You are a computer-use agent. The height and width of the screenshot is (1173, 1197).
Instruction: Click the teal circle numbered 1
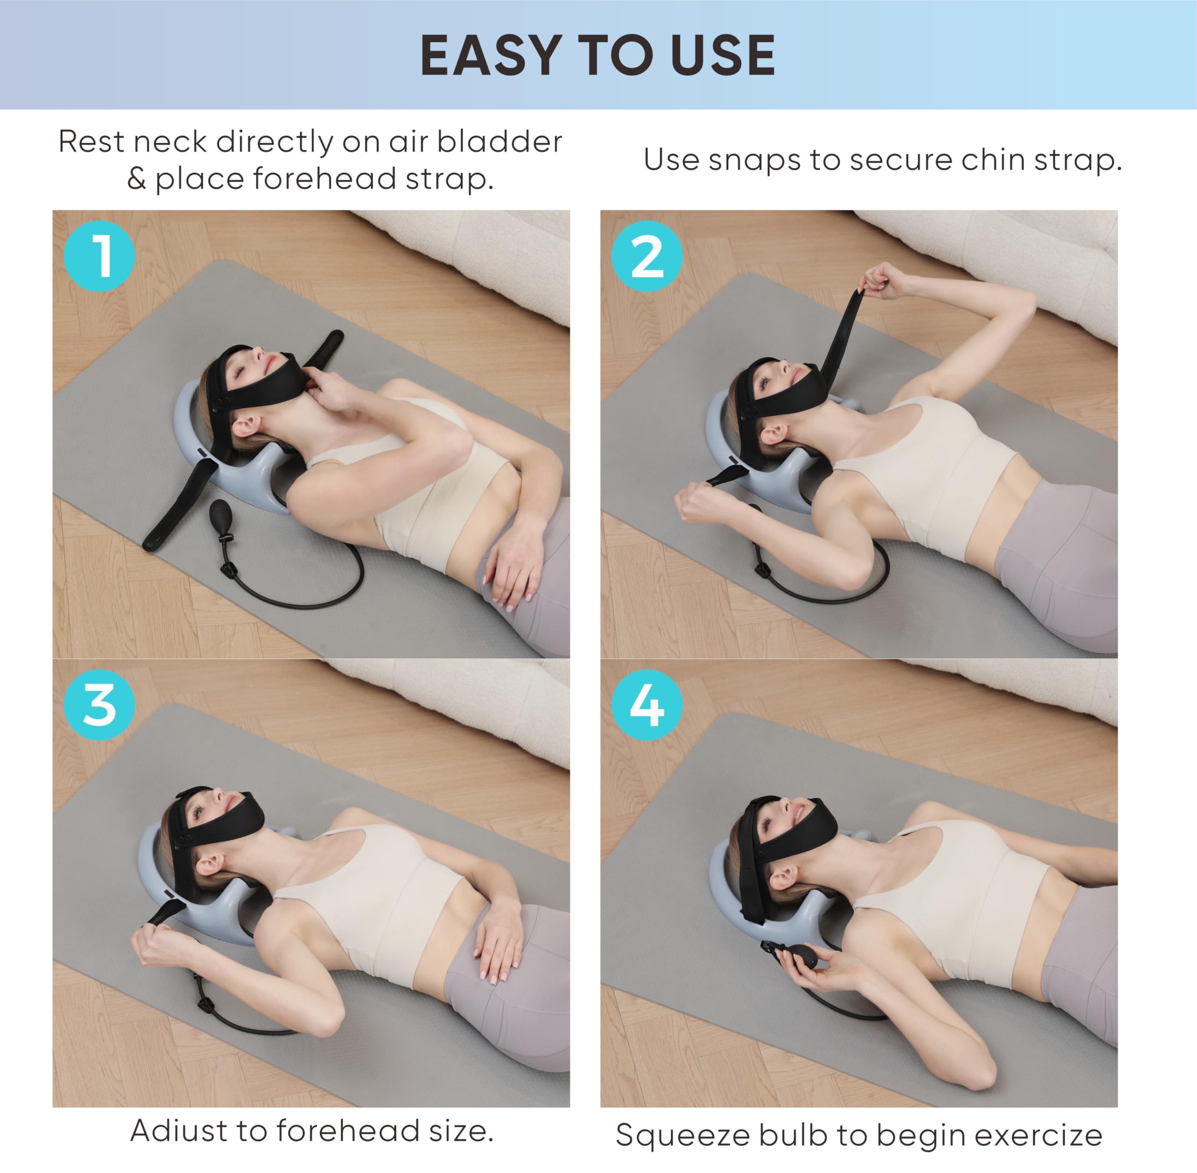point(99,256)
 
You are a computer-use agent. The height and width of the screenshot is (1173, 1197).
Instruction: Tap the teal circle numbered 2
point(647,256)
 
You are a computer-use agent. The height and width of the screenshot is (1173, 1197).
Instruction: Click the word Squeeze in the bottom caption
point(681,1135)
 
